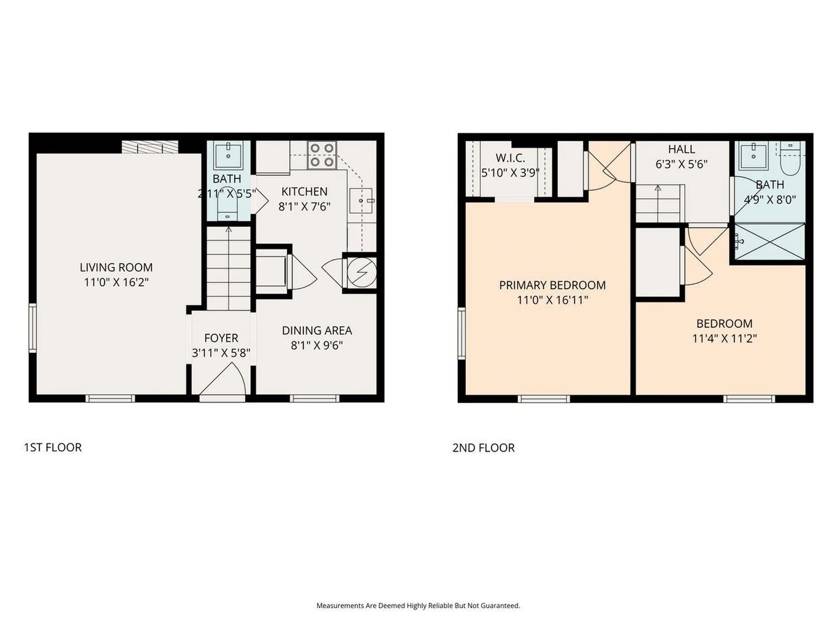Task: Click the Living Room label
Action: pos(116,267)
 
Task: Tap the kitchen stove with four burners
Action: pos(322,155)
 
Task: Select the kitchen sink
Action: pos(361,201)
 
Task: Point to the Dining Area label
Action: pos(317,330)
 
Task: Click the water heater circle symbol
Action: pos(362,272)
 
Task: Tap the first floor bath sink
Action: pos(228,155)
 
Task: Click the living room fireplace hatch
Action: pos(150,147)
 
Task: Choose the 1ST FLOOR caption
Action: pos(53,448)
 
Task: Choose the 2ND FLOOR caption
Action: pos(483,448)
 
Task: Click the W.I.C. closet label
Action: pos(510,158)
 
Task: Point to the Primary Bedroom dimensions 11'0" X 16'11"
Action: pos(552,300)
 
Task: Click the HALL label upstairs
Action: pos(681,149)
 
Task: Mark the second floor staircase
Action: pos(658,203)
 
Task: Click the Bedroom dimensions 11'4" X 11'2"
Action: pos(725,338)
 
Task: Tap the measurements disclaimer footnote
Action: pos(418,606)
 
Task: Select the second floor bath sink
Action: pos(754,156)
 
